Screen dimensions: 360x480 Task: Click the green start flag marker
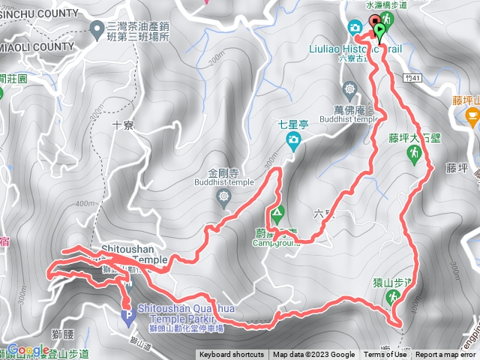tap(380, 32)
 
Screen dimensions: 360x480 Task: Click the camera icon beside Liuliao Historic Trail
tap(354, 28)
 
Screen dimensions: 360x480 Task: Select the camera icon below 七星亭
tap(295, 139)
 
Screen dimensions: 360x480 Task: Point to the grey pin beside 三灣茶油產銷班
tap(96, 29)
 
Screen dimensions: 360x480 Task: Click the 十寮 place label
tap(121, 125)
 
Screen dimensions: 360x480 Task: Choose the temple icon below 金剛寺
tap(223, 196)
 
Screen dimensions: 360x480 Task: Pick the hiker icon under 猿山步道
tap(392, 298)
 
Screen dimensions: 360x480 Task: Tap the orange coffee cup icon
tap(472, 115)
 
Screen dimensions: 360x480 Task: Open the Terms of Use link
tap(385, 355)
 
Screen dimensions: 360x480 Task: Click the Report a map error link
tap(447, 355)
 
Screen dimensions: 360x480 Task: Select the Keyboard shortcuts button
tap(231, 355)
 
